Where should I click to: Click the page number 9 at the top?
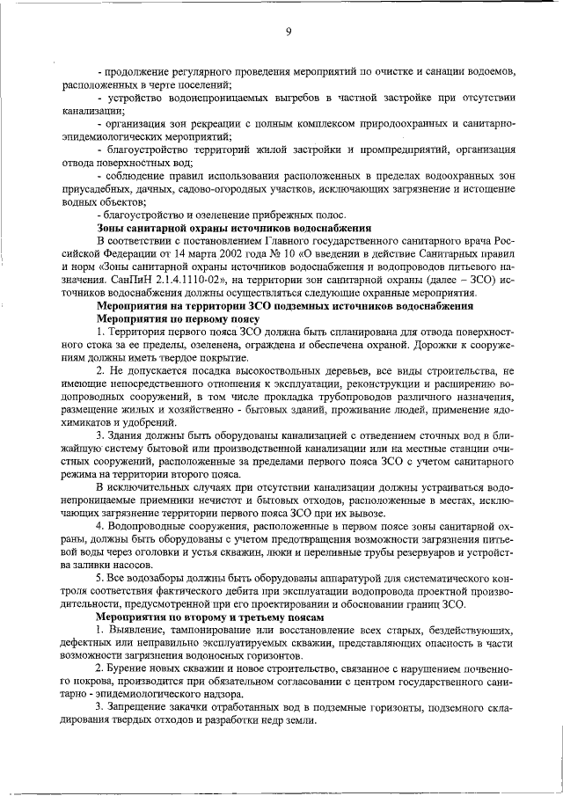click(x=288, y=33)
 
